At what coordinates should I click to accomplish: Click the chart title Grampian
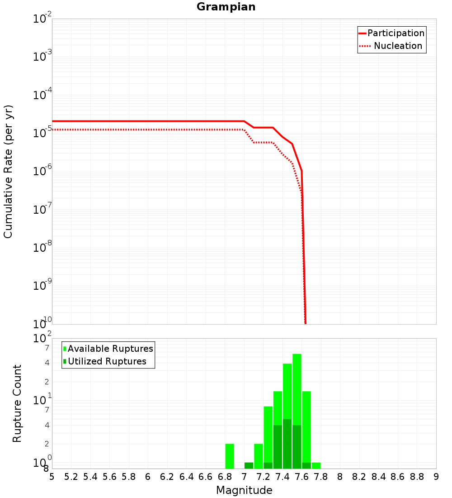(x=226, y=7)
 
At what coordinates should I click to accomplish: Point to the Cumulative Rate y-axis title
(x=8, y=171)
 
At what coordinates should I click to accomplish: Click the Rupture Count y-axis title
(x=17, y=403)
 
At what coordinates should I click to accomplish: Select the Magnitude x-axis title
(x=244, y=490)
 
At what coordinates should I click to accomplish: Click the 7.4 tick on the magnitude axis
(x=282, y=477)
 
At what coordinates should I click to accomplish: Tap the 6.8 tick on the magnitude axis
(x=225, y=477)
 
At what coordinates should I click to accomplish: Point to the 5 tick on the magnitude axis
(x=52, y=477)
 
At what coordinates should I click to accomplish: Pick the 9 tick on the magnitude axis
(x=436, y=477)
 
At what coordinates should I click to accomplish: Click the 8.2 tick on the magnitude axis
(x=359, y=477)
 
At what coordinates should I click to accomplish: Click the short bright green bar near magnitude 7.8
(x=316, y=465)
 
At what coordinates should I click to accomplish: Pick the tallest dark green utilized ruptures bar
(x=287, y=444)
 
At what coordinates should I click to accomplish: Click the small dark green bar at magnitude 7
(x=249, y=465)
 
